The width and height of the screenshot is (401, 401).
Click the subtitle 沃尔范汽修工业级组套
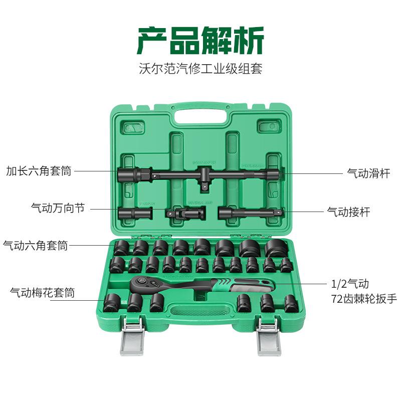click(200, 68)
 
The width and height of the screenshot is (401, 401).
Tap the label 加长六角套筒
click(39, 171)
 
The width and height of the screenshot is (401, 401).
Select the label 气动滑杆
click(368, 173)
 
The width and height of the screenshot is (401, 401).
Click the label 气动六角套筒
click(35, 245)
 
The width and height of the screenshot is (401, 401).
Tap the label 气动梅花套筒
click(42, 292)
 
